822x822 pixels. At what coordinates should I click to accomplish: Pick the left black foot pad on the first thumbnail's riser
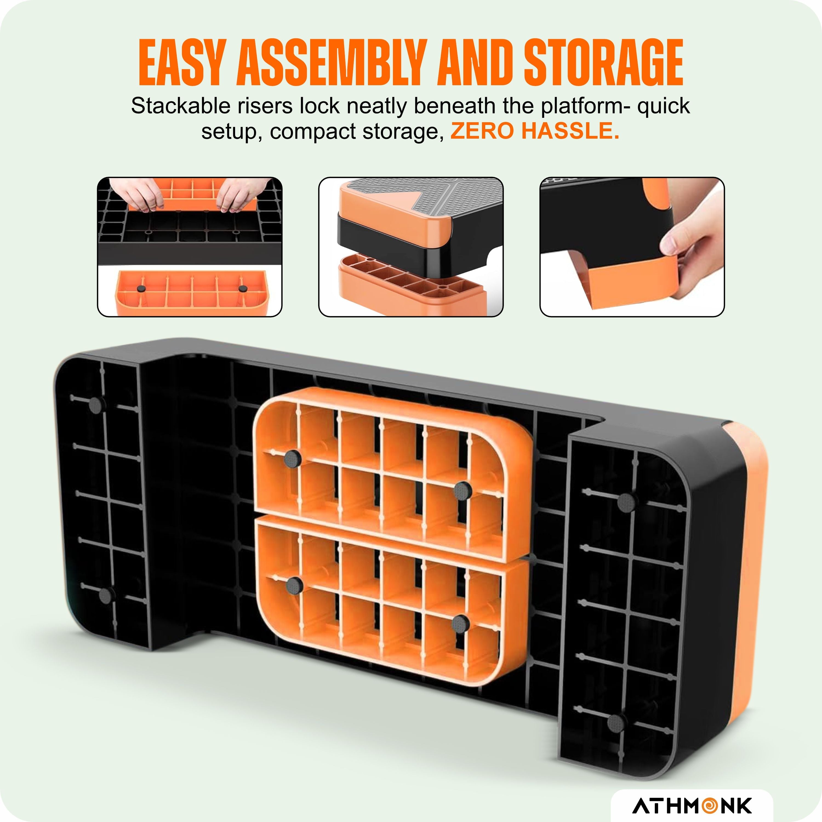coord(140,289)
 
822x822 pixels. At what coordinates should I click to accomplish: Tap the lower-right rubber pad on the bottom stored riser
coord(458,624)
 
